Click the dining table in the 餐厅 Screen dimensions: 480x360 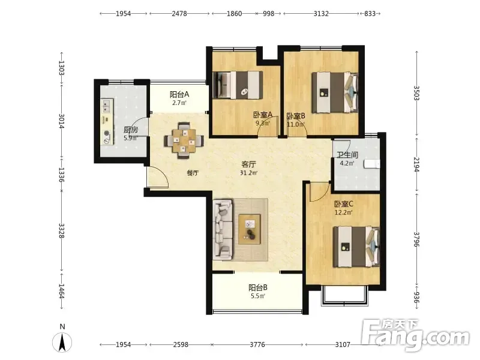tap(184, 141)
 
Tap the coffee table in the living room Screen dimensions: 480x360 tap(250, 229)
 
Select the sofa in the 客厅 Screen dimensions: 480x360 tap(223, 230)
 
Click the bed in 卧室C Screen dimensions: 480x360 tap(356, 247)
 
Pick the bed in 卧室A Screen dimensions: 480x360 tap(238, 85)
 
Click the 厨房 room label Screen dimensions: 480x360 tap(131, 130)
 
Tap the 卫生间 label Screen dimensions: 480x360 tap(347, 155)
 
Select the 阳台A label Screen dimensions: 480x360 tap(179, 94)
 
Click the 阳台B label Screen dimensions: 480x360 tap(258, 287)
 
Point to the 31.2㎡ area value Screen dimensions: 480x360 tap(248, 173)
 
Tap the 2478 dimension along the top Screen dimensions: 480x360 tap(179, 13)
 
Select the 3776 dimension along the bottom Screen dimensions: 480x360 tap(257, 344)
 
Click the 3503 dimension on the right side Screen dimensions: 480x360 tap(416, 93)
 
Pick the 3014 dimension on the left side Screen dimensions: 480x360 tap(62, 121)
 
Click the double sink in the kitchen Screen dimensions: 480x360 tap(107, 106)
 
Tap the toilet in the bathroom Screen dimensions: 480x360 tap(372, 164)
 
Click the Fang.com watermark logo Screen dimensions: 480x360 tap(415, 335)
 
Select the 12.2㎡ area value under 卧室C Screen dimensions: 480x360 tap(343, 212)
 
